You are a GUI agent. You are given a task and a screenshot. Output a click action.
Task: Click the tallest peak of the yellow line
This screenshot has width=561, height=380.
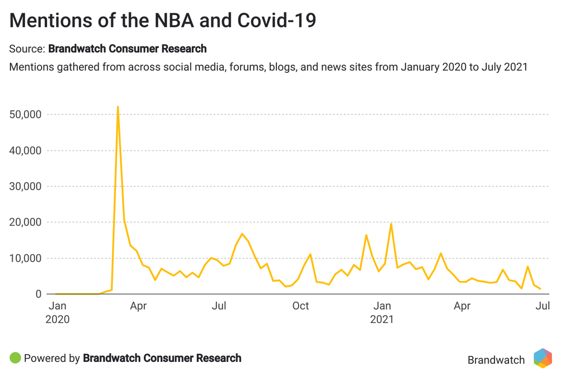(118, 107)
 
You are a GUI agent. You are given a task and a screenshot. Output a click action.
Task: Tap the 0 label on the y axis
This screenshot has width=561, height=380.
(38, 294)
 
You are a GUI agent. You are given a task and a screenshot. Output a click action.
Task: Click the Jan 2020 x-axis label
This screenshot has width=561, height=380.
(58, 312)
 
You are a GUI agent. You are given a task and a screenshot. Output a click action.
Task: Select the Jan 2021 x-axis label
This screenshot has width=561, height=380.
(382, 312)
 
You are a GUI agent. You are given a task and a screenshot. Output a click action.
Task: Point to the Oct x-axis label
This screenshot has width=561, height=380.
(301, 306)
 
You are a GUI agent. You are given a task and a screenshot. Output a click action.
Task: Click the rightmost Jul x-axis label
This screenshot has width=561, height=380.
(542, 306)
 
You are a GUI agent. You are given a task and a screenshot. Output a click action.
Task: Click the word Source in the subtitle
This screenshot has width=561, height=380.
(25, 49)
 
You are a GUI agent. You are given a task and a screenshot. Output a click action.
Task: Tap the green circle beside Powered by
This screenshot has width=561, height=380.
(15, 359)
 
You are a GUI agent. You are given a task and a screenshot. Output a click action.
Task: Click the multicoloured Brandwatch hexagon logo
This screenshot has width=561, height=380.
(542, 359)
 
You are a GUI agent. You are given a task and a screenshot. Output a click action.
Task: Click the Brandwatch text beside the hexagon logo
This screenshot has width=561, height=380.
(496, 360)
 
